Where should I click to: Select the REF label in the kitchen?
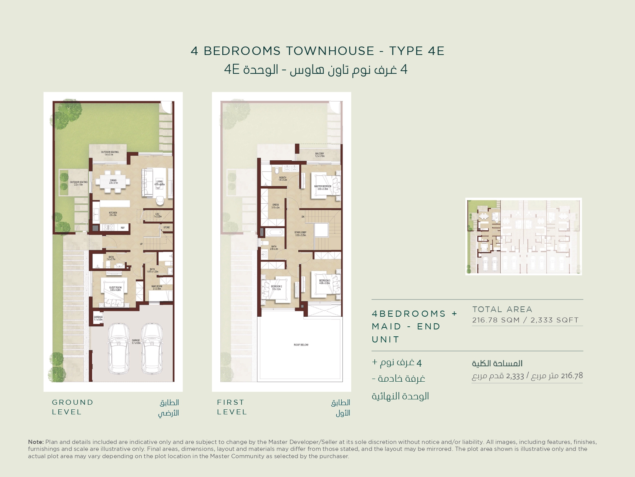pyautogui.click(x=122, y=228)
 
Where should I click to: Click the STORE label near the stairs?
pyautogui.click(x=166, y=228)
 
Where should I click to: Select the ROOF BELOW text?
pyautogui.click(x=301, y=345)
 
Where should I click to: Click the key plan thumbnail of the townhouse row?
pyautogui.click(x=523, y=236)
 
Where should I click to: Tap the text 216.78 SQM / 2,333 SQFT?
pyautogui.click(x=525, y=320)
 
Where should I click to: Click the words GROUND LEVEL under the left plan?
pyautogui.click(x=73, y=407)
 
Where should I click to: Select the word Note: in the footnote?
pyautogui.click(x=36, y=442)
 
